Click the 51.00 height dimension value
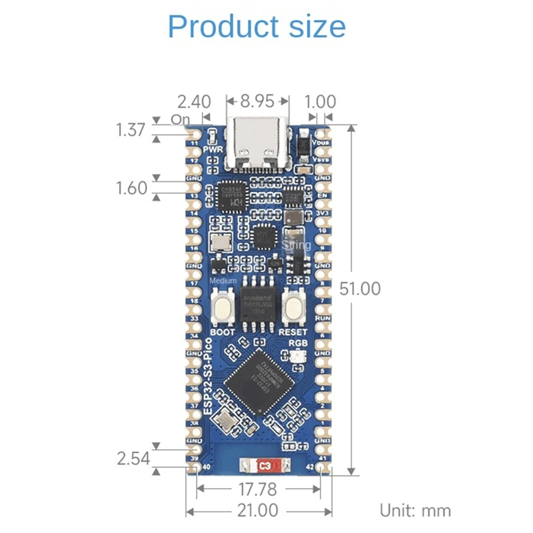[360, 288]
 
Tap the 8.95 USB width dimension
[257, 102]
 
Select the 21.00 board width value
[259, 511]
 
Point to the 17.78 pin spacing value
[259, 490]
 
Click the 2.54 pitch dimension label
[132, 458]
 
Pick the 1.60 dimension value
[131, 188]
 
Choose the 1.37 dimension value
[131, 129]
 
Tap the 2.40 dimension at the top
[194, 102]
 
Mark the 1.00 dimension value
[320, 102]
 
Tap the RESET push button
[294, 306]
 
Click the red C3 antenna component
[265, 465]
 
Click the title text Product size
[257, 27]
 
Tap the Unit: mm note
[415, 511]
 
